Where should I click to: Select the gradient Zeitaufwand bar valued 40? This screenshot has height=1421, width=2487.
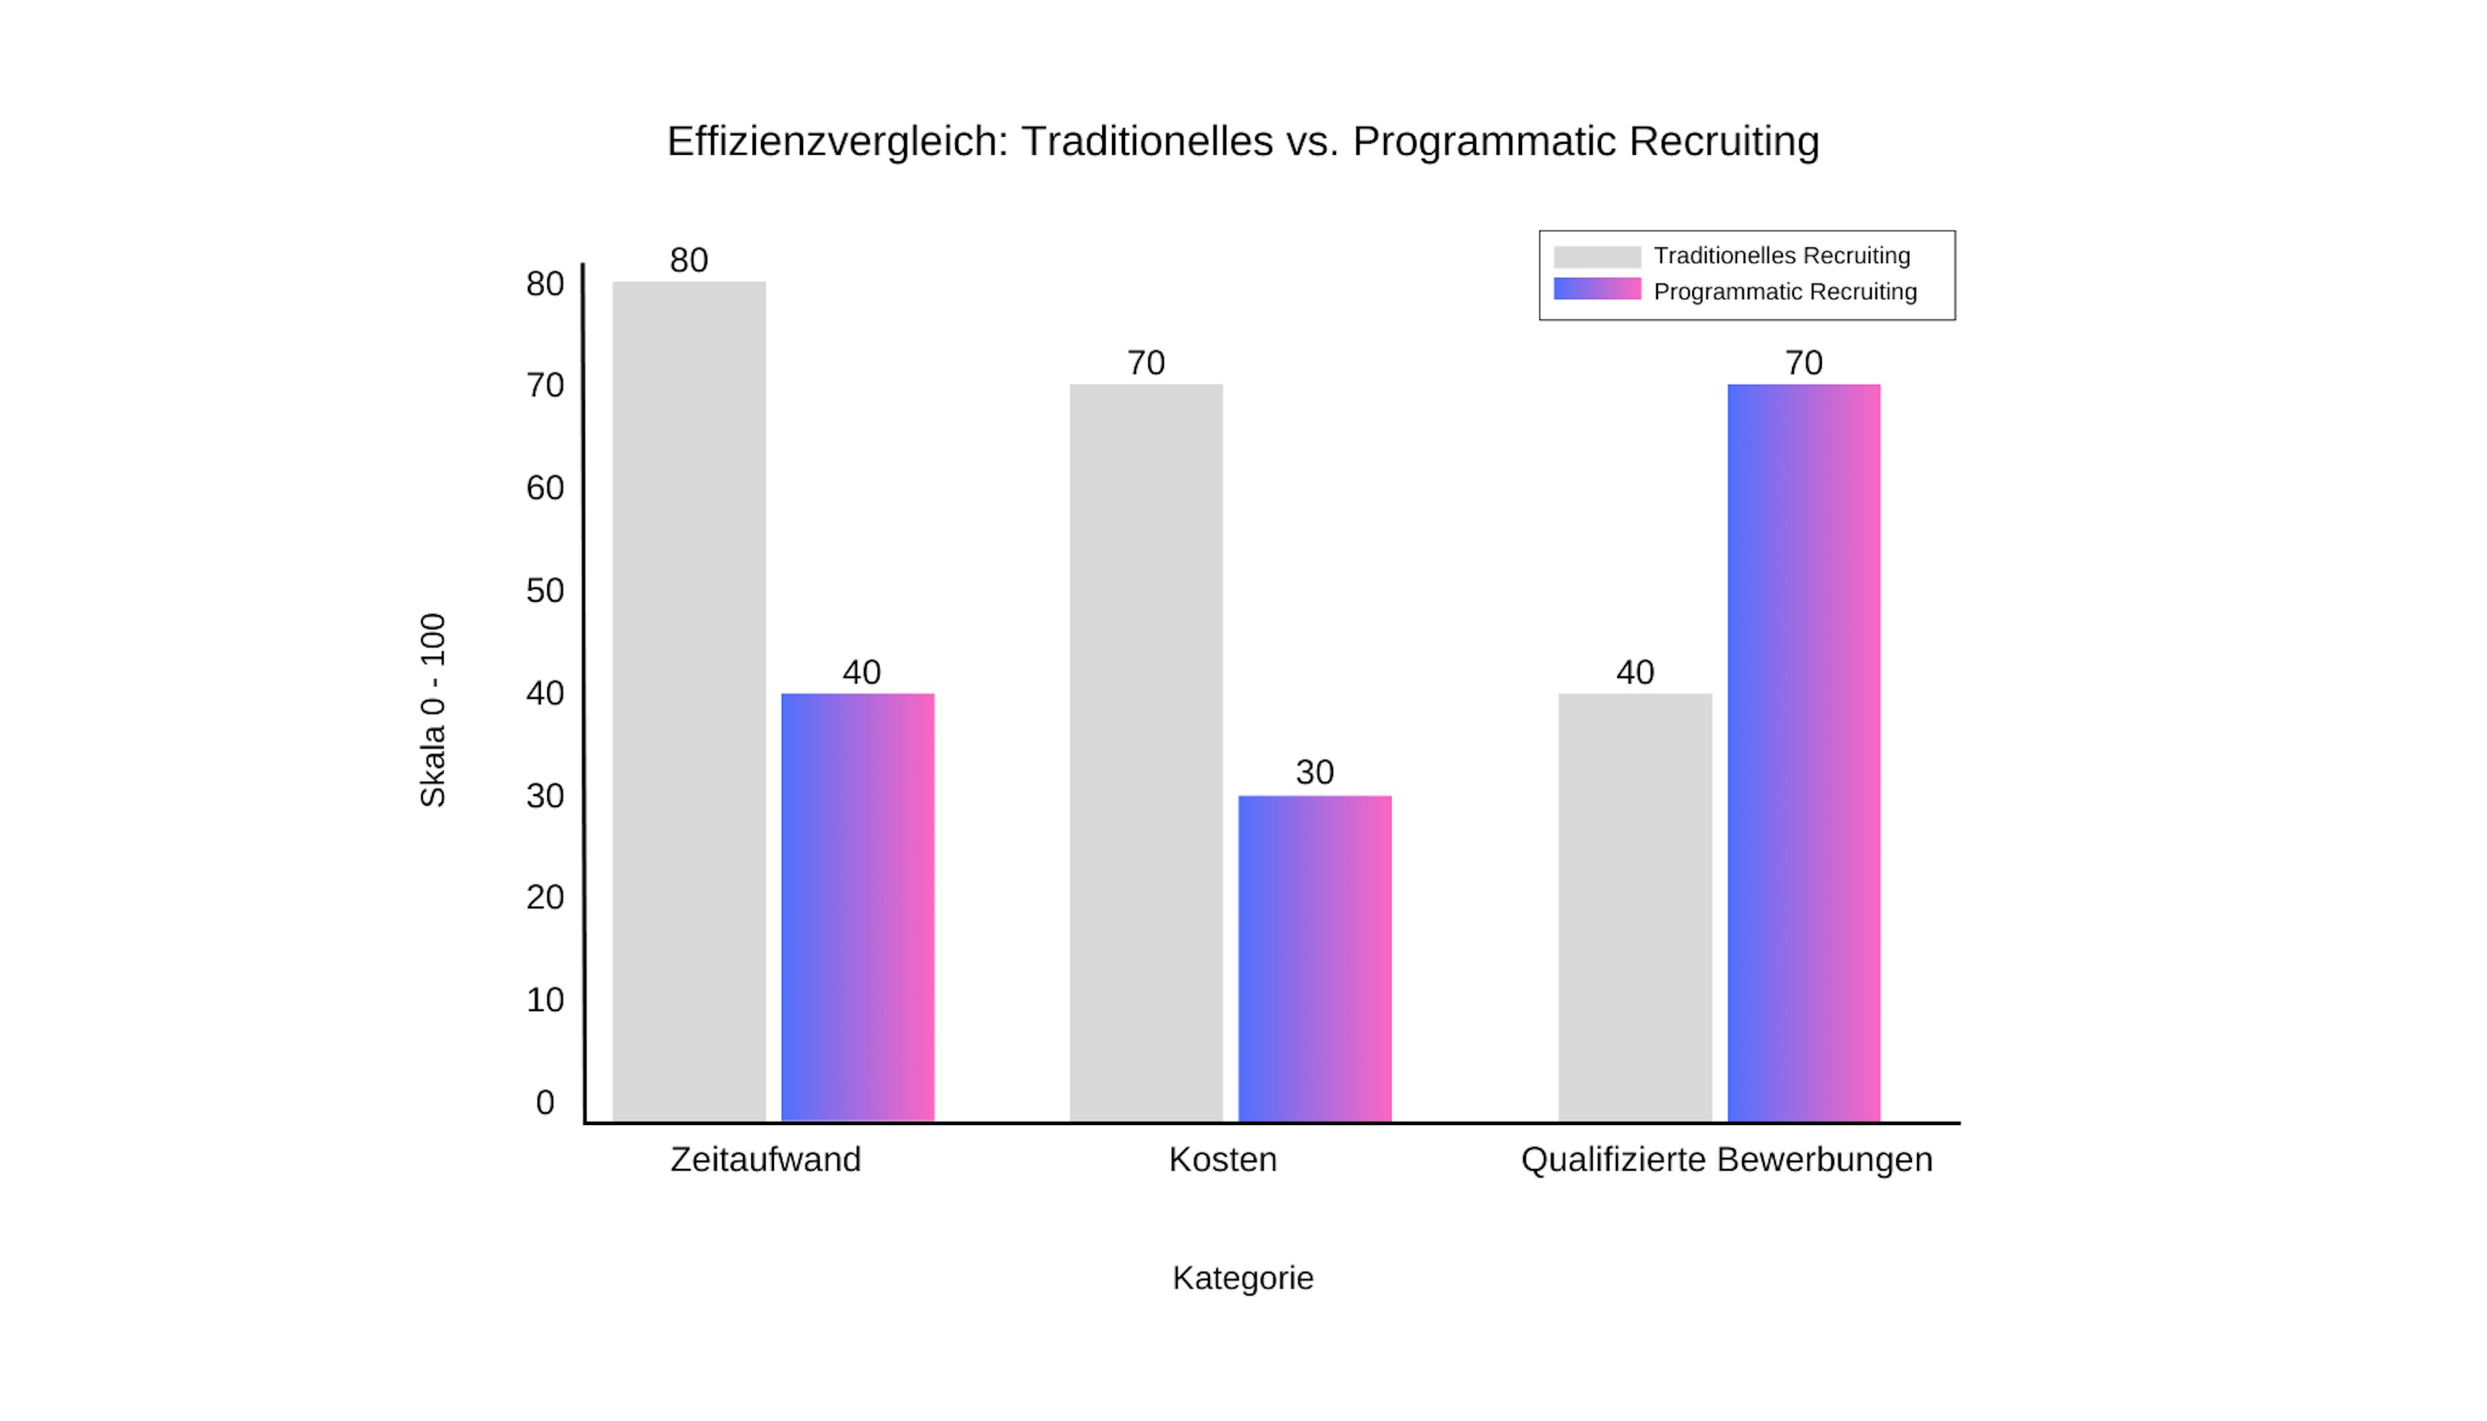(857, 907)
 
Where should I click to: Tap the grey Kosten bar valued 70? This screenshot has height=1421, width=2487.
(1146, 751)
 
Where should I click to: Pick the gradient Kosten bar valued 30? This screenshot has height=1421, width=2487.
(1314, 957)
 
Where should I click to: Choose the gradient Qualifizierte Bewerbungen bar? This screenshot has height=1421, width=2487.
(1803, 751)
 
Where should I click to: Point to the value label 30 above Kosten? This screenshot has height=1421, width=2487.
(1314, 772)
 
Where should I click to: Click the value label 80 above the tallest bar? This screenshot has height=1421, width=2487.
(689, 260)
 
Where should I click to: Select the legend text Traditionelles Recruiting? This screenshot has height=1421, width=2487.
(1782, 256)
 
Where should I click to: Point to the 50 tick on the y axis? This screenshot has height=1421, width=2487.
(545, 591)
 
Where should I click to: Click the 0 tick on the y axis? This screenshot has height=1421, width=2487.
(545, 1102)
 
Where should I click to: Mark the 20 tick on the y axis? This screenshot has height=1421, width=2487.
(545, 897)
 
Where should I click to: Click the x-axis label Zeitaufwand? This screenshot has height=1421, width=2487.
(765, 1159)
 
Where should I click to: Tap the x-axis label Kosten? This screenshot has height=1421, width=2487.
(1223, 1159)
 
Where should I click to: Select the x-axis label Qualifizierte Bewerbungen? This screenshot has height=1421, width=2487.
(1726, 1159)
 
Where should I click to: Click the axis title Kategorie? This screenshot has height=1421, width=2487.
(1242, 1277)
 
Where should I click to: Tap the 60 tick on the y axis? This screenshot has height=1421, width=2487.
(545, 488)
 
